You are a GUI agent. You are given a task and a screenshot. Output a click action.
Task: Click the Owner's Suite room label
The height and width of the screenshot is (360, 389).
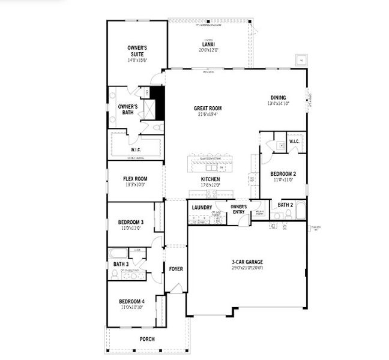[137, 50]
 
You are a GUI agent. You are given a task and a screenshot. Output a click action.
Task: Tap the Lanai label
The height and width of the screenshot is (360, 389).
[210, 44]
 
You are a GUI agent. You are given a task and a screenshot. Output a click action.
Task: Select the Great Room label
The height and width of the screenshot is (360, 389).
[208, 109]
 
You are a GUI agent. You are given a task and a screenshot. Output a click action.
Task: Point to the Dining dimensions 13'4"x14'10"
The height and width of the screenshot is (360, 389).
[278, 104]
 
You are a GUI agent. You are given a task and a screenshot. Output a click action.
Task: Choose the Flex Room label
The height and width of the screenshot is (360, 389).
[136, 179]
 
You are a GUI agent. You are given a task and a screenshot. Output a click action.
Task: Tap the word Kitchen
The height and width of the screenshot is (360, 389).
[210, 179]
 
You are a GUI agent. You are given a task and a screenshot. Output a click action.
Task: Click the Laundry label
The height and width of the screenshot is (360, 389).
[202, 208]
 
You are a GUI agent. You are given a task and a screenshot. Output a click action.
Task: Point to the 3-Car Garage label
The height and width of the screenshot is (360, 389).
[247, 262]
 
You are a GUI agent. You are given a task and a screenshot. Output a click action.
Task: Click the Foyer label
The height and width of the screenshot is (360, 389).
[176, 269]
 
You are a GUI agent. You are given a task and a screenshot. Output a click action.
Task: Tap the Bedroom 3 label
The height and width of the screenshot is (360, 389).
[131, 223]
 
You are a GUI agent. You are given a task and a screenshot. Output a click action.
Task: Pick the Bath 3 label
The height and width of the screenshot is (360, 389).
[121, 264]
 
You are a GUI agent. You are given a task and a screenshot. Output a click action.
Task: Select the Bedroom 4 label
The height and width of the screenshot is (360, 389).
[131, 302]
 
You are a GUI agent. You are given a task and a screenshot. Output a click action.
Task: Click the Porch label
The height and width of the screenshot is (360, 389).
[147, 339]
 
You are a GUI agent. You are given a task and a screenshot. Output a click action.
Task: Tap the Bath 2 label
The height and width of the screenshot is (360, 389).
[285, 205]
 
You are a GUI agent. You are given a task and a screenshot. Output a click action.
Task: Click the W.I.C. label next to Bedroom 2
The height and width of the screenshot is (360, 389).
[294, 142]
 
